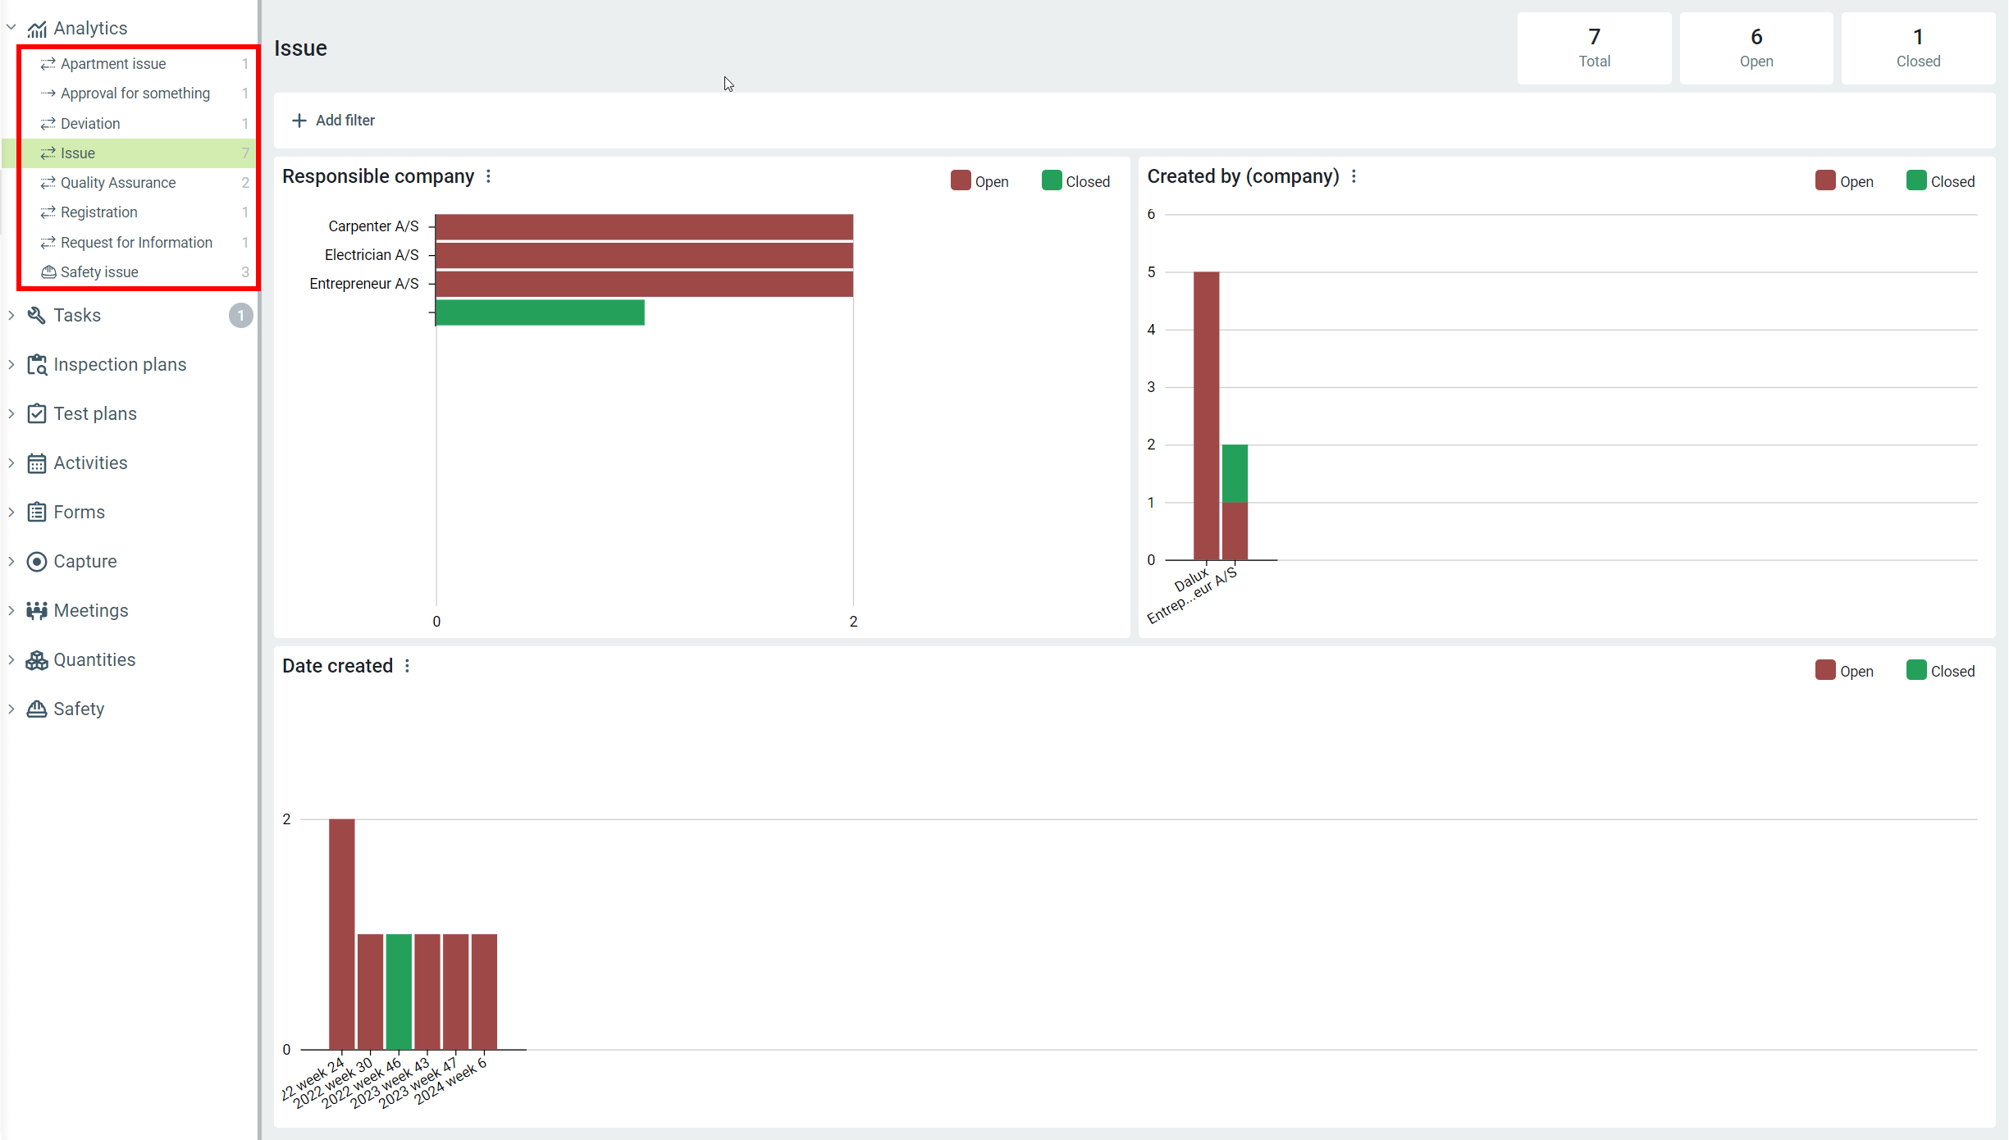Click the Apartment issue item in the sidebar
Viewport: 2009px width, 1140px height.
click(113, 64)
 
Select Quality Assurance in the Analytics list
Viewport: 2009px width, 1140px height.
click(117, 183)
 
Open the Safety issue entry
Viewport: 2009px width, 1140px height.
click(98, 272)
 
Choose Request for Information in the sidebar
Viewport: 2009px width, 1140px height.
click(136, 243)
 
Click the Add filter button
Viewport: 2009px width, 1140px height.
click(333, 121)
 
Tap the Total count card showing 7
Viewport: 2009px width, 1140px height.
click(1593, 48)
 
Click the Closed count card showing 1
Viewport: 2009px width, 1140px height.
click(1917, 48)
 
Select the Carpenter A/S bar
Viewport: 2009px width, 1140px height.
click(644, 226)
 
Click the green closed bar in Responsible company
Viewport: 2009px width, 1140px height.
click(540, 312)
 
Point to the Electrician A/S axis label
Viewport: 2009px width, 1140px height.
click(372, 255)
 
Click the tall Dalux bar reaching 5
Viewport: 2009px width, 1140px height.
click(1206, 415)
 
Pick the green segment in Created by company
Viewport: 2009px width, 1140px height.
click(1235, 473)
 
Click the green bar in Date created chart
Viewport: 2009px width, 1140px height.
click(399, 992)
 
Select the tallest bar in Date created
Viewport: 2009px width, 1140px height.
click(342, 934)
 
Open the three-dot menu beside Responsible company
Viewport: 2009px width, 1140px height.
click(489, 176)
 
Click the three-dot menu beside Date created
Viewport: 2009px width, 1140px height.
click(408, 666)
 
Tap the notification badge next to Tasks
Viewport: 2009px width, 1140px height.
click(240, 316)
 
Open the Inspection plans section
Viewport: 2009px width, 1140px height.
click(120, 365)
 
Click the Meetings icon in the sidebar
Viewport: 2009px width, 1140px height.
click(37, 611)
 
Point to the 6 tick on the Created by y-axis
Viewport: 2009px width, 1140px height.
click(1151, 215)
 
